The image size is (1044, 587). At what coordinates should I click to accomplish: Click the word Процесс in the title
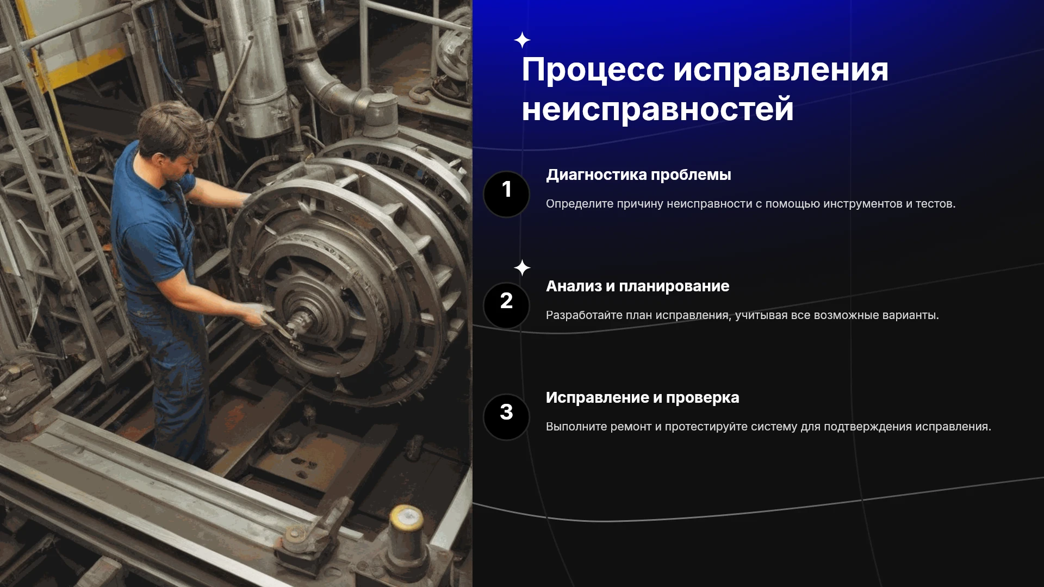[593, 71]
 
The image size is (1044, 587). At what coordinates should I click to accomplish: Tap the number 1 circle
[506, 194]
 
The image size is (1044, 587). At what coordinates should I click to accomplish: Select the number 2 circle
[506, 305]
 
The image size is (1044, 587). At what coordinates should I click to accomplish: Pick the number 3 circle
[506, 417]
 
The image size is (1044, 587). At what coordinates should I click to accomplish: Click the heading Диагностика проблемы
[638, 175]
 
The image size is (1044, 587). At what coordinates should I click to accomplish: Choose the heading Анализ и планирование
[637, 286]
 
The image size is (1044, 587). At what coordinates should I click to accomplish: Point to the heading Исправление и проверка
[642, 398]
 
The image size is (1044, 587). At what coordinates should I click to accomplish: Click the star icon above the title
[522, 40]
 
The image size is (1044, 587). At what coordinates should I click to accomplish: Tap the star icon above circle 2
[522, 268]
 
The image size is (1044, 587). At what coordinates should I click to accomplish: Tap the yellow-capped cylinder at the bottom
[406, 535]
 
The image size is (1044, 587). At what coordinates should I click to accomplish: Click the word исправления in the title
[781, 71]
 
